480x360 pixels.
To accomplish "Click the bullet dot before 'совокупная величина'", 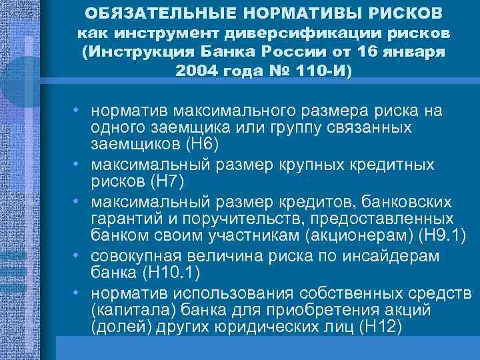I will pos(77,256).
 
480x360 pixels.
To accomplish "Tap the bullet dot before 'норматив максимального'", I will pos(77,109).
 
